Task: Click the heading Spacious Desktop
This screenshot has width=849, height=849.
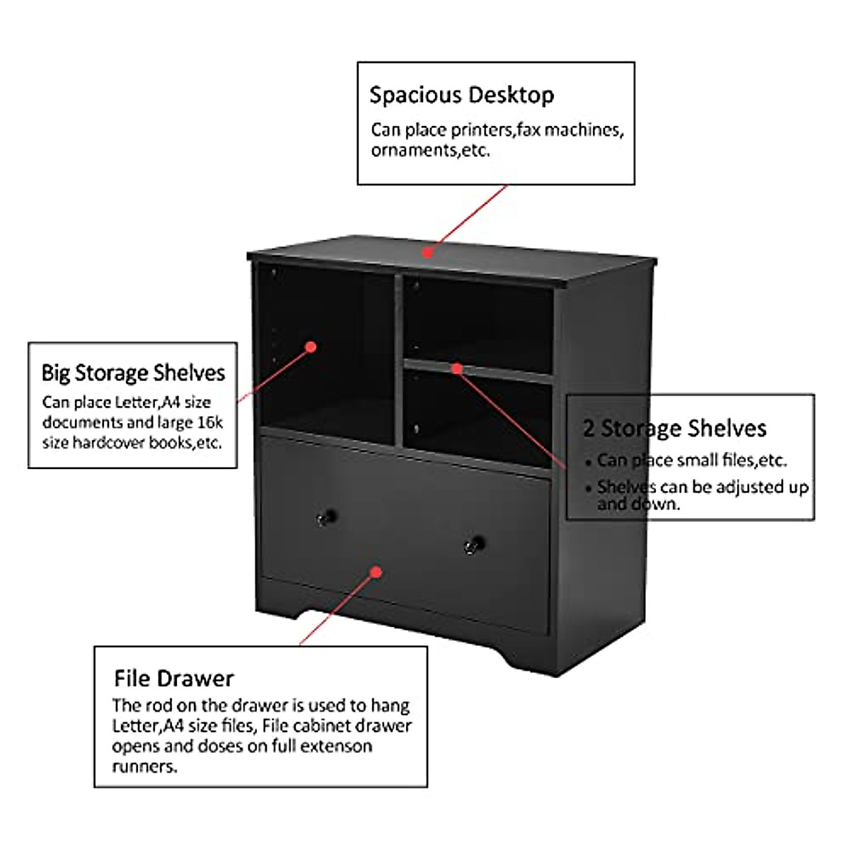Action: [461, 95]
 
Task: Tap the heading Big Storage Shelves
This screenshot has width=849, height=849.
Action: [133, 373]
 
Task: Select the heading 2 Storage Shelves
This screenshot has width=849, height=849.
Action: [675, 428]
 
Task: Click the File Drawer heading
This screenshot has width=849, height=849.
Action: [173, 678]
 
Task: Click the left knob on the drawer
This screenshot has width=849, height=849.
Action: [325, 517]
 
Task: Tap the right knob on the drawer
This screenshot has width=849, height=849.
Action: [474, 544]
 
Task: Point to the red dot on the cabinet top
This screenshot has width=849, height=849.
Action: [427, 252]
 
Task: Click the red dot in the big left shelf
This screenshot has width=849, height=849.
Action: [310, 347]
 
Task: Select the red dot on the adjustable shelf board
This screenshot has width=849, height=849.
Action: [457, 369]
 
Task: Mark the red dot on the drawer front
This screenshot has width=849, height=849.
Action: [376, 572]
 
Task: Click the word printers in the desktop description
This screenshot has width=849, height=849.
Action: [482, 130]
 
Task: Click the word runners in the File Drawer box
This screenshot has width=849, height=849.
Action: [144, 766]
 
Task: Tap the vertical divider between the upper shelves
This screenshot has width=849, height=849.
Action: [399, 361]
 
